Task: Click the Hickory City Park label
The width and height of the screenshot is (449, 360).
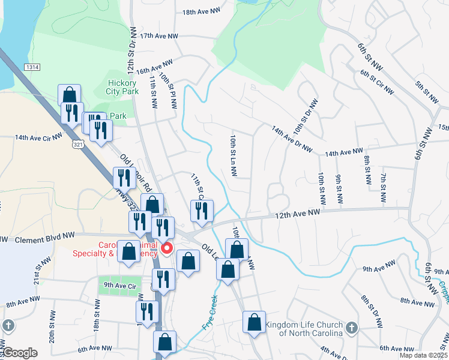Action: point(123,87)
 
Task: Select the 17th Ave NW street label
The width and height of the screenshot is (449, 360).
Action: point(159,37)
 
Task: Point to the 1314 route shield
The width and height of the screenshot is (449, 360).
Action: point(33,68)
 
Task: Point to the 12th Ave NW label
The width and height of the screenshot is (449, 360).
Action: point(299,214)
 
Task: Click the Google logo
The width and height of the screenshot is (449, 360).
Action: point(21,353)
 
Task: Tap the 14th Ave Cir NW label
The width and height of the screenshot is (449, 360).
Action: point(39,137)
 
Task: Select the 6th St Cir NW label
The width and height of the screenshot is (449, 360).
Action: point(378,82)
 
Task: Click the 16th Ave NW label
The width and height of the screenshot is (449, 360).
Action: point(154,66)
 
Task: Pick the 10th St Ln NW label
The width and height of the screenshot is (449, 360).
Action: point(232,155)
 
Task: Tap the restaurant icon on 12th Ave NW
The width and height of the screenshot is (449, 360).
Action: point(202,211)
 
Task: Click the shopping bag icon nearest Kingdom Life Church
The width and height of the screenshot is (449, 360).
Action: point(254,322)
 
